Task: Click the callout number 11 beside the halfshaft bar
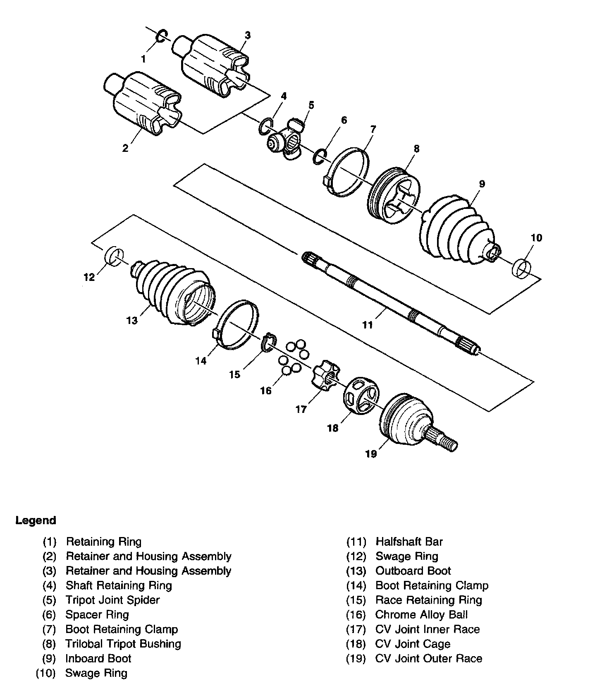click(367, 325)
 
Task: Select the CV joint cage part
click(360, 395)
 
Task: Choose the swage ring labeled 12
click(114, 255)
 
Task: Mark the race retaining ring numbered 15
click(268, 342)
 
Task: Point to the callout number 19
click(371, 454)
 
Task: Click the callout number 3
click(247, 35)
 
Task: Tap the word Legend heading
click(36, 520)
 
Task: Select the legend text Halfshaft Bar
click(409, 542)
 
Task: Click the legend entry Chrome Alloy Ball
click(421, 615)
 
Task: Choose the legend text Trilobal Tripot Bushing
click(123, 644)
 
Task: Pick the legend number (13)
click(356, 571)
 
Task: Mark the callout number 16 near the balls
click(266, 390)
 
